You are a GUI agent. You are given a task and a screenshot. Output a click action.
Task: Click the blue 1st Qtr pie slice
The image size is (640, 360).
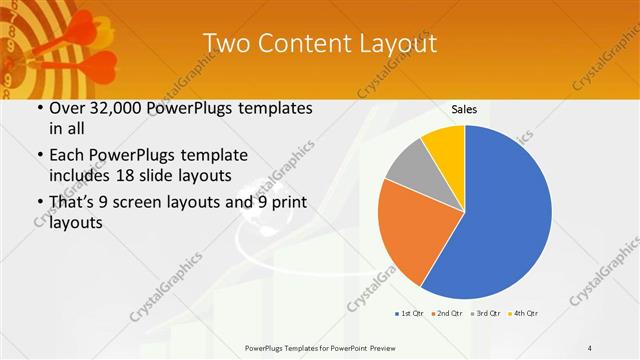click(x=500, y=215)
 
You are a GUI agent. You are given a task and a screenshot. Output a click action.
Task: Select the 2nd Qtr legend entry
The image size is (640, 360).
click(x=448, y=314)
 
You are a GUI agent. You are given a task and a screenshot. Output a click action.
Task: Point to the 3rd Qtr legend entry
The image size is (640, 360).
click(x=487, y=314)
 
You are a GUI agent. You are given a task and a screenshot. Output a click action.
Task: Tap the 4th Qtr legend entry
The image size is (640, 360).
click(x=526, y=314)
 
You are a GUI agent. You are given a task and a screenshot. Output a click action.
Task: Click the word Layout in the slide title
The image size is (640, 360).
click(x=398, y=44)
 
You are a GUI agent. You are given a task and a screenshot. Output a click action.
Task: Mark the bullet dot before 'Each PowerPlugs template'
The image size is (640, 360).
click(x=38, y=155)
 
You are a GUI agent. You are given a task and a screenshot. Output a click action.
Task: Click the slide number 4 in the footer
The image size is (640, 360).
click(x=589, y=347)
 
